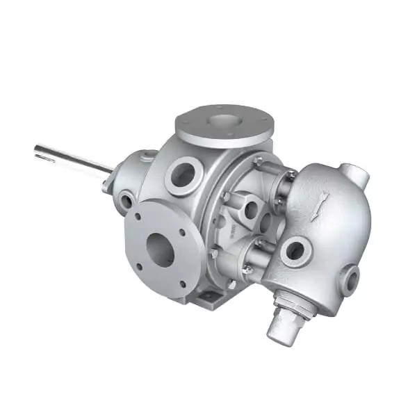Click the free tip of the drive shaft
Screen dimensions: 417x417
[36, 149]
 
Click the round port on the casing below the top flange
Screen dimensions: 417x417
[182, 173]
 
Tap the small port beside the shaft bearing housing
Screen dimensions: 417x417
[126, 202]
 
